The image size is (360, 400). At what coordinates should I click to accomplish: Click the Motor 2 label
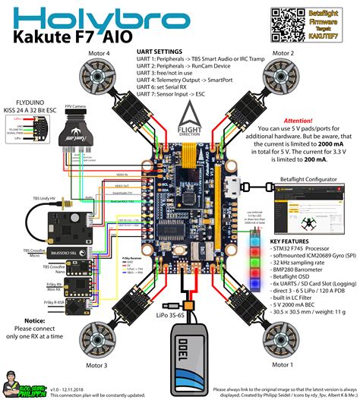[x=283, y=53]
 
